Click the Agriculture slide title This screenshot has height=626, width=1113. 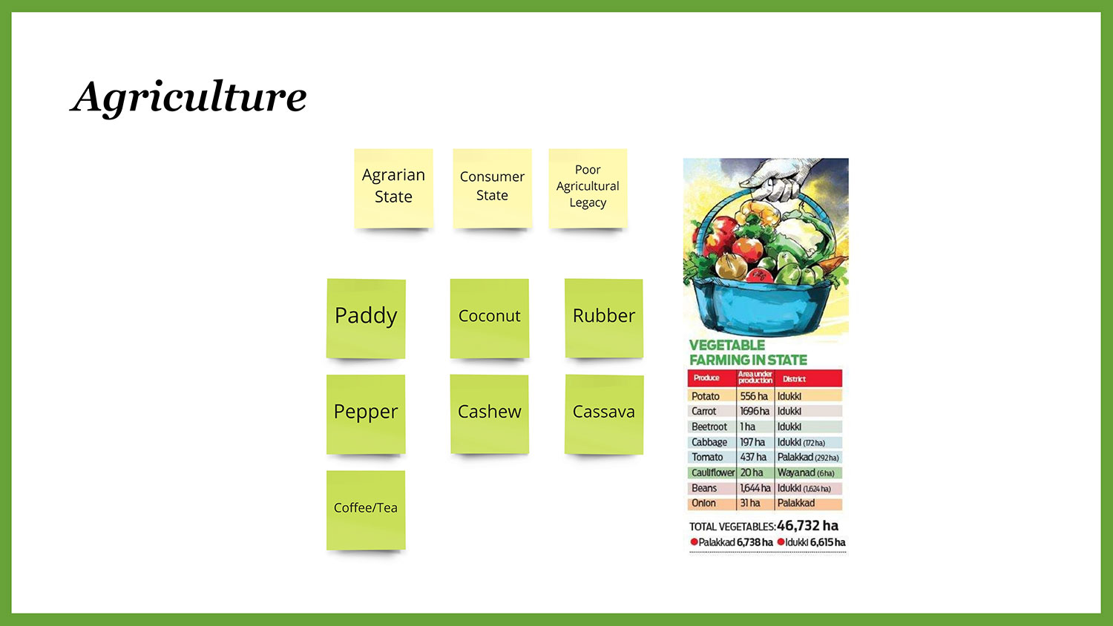(x=188, y=97)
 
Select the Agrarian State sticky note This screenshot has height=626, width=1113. (x=393, y=188)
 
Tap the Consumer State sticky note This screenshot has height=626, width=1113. (x=492, y=188)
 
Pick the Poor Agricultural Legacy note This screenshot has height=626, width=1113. (x=588, y=188)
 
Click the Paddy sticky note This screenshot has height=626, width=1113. (x=366, y=318)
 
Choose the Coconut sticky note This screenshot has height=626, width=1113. (x=490, y=318)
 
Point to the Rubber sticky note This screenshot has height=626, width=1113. (x=604, y=318)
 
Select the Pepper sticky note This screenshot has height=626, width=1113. (x=366, y=415)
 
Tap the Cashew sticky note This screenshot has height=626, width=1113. (x=490, y=415)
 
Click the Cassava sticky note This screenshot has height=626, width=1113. (x=604, y=415)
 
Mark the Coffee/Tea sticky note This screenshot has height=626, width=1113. (x=366, y=510)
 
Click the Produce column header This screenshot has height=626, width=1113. (x=706, y=378)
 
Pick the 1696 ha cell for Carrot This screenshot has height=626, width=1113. (x=755, y=412)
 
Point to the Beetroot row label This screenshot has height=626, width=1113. (x=709, y=426)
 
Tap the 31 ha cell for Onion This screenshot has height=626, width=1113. (x=749, y=504)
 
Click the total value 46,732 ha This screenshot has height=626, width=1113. (x=807, y=526)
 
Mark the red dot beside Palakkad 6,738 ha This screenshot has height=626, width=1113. (x=694, y=542)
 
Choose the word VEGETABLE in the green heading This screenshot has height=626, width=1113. (x=727, y=346)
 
